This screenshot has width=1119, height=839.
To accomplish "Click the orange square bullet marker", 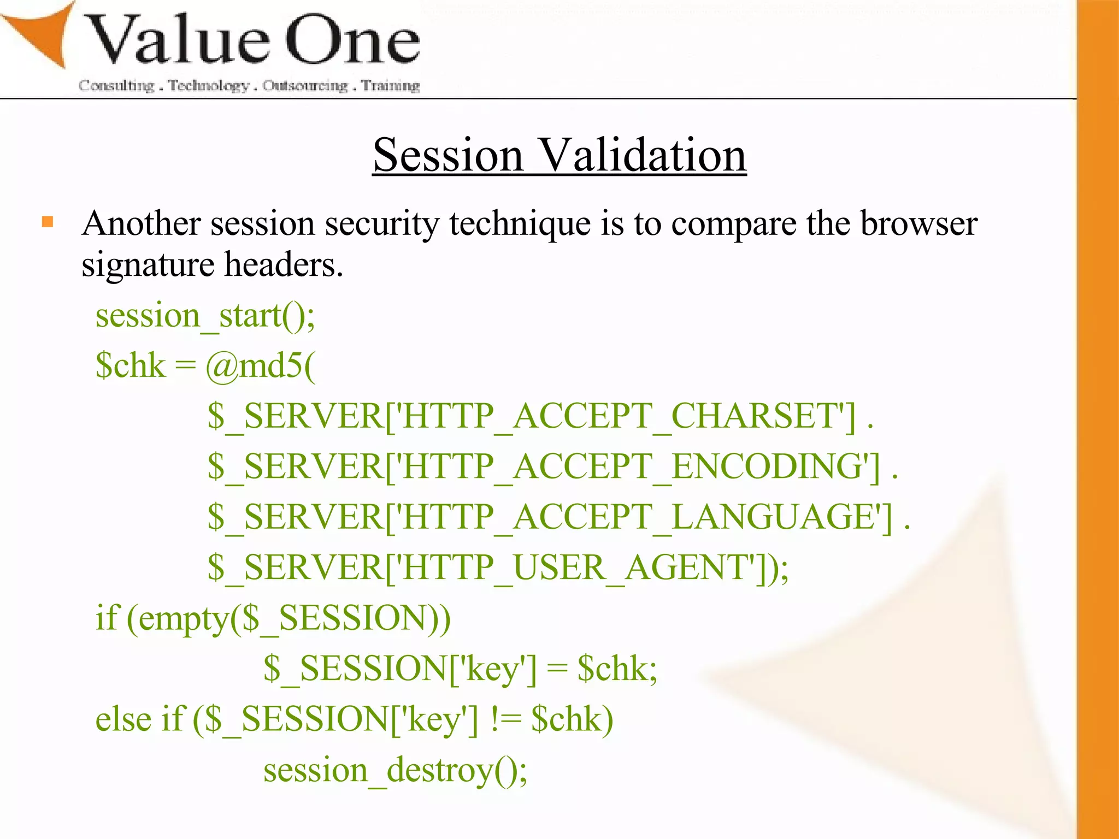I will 48,222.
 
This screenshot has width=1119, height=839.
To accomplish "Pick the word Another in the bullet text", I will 141,224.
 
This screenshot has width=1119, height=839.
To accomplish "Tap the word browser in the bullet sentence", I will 918,224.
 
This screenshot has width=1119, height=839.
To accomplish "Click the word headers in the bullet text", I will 284,265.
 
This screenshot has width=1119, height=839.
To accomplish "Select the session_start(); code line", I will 205,316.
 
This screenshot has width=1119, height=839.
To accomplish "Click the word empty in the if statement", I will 183,619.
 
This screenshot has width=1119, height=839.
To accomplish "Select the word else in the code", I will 123,719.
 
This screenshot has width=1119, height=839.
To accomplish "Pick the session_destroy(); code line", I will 395,770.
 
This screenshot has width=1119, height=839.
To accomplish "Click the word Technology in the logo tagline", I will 208,86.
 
